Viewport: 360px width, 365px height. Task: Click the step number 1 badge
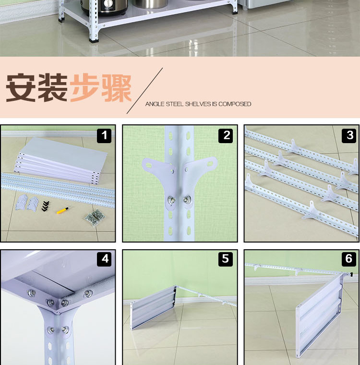pos(104,135)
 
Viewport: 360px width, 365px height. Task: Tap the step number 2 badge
pos(226,135)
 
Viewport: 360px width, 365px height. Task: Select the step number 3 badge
pos(349,135)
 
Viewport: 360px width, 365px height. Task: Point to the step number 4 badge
pos(104,259)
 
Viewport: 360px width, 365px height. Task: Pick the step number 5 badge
pos(226,259)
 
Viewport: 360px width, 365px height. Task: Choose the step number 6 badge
pos(349,259)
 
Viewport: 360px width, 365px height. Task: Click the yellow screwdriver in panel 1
pos(62,210)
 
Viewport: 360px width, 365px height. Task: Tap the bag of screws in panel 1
pos(95,218)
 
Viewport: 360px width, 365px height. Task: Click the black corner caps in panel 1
pos(46,206)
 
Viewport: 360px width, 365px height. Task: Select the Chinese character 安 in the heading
pos(21,87)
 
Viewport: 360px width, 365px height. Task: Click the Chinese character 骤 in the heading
pos(116,88)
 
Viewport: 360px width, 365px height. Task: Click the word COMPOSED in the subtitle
pos(235,104)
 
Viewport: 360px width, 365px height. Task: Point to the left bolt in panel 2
pos(171,199)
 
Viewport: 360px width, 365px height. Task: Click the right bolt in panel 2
pos(187,199)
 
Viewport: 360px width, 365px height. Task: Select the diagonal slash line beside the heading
pos(144,91)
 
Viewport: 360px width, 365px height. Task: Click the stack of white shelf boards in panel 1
pos(61,158)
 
